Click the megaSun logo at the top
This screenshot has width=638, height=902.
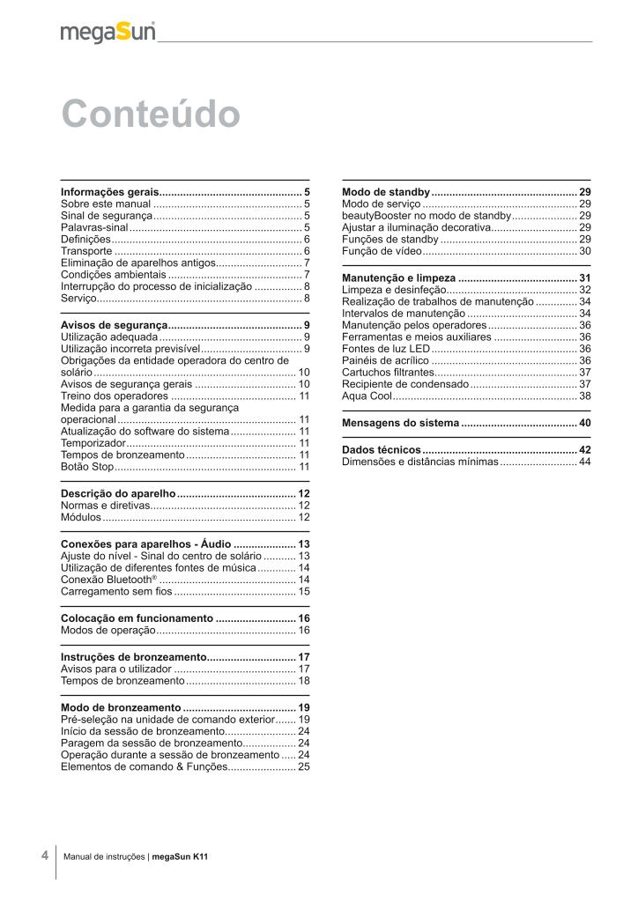coord(108,33)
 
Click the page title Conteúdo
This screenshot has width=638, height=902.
coord(150,115)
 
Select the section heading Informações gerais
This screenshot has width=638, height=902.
coord(109,191)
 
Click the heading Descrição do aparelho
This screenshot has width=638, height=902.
coord(118,493)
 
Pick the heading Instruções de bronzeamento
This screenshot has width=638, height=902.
coord(133,657)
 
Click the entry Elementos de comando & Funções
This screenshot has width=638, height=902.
coord(143,767)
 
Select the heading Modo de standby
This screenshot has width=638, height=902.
coord(385,192)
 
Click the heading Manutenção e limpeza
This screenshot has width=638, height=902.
coord(398,278)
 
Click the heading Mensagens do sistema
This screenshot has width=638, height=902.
coord(400,423)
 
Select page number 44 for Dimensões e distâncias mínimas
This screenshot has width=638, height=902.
coord(584,462)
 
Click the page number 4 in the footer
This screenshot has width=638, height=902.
coord(45,855)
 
